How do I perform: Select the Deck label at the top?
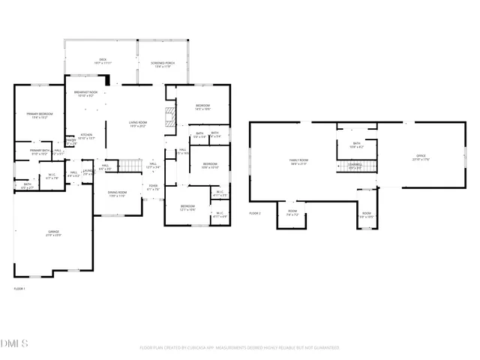103,61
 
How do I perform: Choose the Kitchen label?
86,136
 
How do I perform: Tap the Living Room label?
137,124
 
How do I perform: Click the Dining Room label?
117,194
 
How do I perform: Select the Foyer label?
153,187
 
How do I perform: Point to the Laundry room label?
88,172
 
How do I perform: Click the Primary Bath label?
39,152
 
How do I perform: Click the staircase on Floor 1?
131,166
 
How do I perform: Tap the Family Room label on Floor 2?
299,161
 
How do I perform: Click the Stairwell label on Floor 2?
355,166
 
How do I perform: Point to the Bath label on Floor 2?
356,145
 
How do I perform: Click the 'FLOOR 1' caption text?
19,289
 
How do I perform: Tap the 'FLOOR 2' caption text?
255,213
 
